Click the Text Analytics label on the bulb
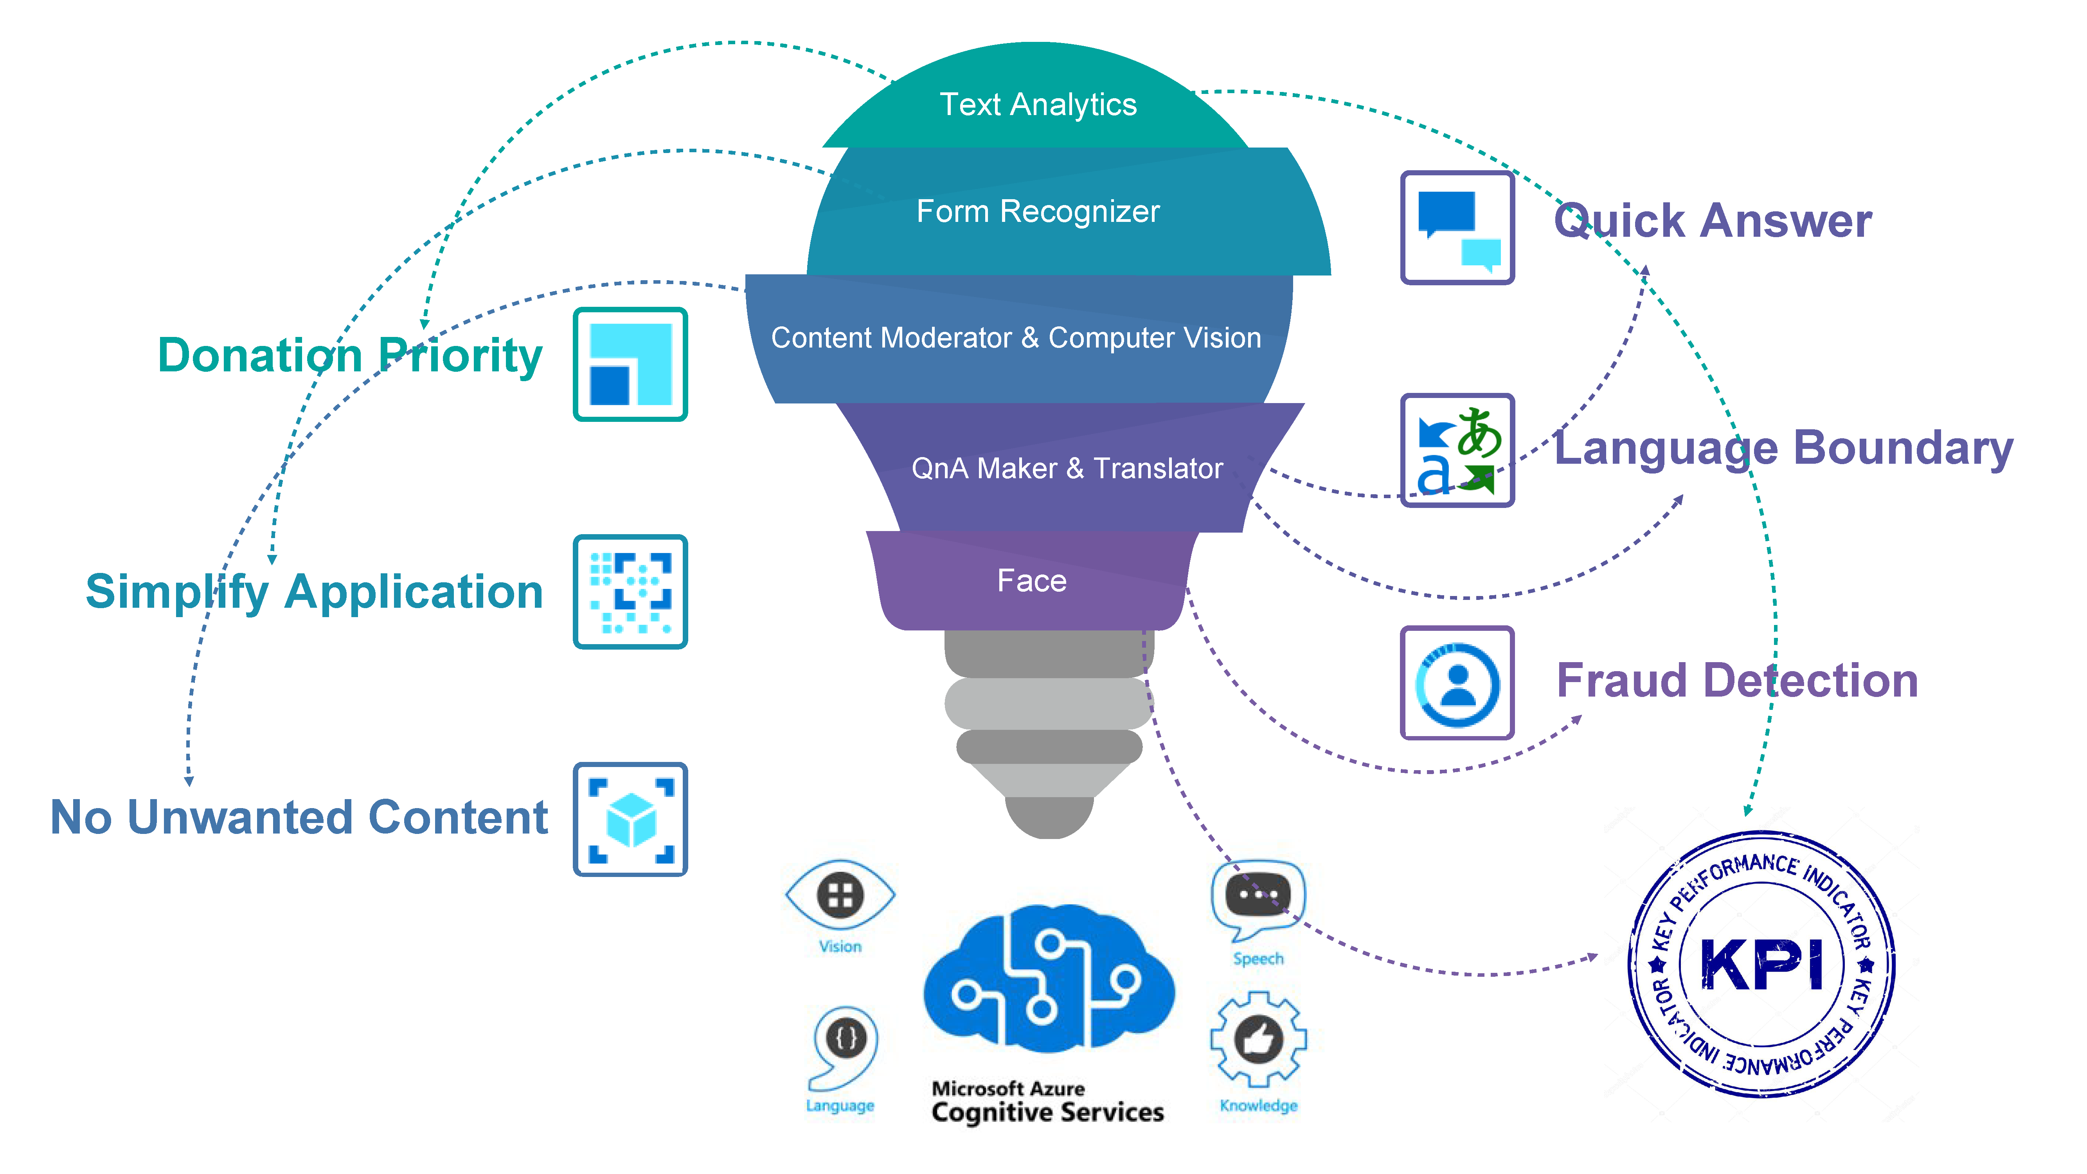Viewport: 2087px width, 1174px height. [1038, 104]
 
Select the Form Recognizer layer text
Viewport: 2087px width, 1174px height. [1038, 211]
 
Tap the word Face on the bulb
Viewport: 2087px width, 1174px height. [1031, 581]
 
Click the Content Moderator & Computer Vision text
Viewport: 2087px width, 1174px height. [1016, 338]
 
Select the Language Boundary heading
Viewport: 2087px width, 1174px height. [1783, 448]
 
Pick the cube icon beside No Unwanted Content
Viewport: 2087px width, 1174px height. [630, 819]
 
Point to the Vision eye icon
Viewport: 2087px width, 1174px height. [840, 895]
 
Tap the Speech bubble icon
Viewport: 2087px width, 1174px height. [1258, 895]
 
